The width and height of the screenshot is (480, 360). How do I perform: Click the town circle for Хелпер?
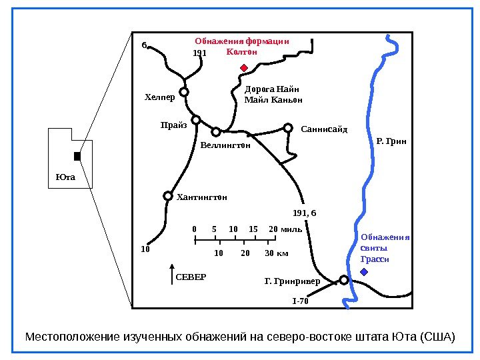pyautogui.click(x=183, y=92)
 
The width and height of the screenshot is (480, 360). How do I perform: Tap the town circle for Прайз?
pyautogui.click(x=196, y=120)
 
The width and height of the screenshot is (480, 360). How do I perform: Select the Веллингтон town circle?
pyautogui.click(x=216, y=131)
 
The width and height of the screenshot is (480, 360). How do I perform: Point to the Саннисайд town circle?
pyautogui.click(x=288, y=127)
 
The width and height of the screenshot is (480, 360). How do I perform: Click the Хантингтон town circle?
pyautogui.click(x=168, y=196)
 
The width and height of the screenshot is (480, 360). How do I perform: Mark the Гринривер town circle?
pyautogui.click(x=343, y=280)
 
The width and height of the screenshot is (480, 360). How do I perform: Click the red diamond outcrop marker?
pyautogui.click(x=244, y=67)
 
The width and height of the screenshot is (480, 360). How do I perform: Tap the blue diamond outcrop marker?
pyautogui.click(x=363, y=273)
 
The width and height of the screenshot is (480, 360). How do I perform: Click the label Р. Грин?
pyautogui.click(x=391, y=141)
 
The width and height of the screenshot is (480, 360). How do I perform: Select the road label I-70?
pyautogui.click(x=301, y=301)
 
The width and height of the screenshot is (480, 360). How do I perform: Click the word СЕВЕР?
pyautogui.click(x=191, y=276)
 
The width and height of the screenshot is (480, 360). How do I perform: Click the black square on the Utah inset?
pyautogui.click(x=77, y=156)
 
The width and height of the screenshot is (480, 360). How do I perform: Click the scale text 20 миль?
pyautogui.click(x=285, y=229)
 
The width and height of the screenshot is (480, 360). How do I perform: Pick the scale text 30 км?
pyautogui.click(x=277, y=253)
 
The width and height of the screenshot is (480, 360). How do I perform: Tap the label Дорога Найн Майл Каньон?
pyautogui.click(x=273, y=95)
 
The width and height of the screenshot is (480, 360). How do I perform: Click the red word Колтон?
pyautogui.click(x=242, y=51)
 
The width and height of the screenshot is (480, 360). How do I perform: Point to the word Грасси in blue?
pyautogui.click(x=374, y=259)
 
